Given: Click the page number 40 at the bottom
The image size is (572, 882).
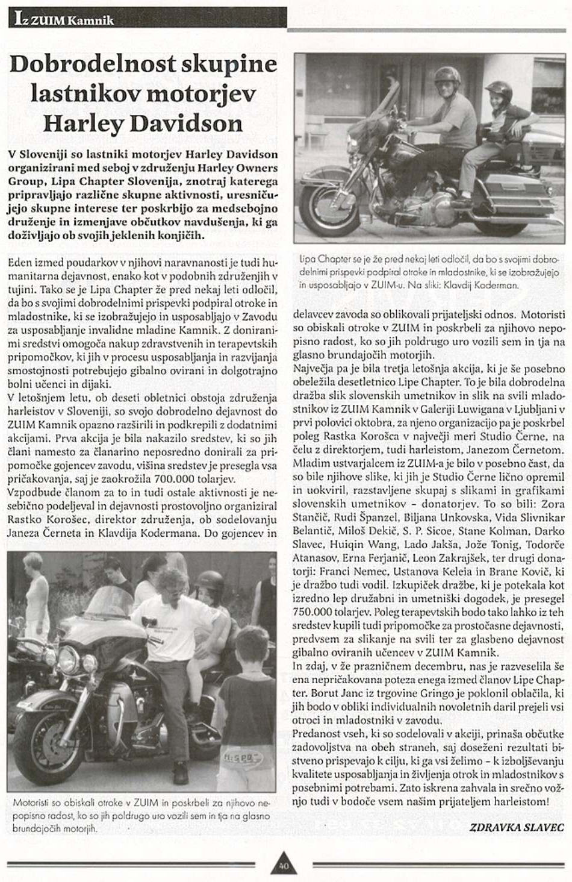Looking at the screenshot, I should [x=284, y=866].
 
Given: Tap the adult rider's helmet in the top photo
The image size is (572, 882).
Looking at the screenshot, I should [x=447, y=76].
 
